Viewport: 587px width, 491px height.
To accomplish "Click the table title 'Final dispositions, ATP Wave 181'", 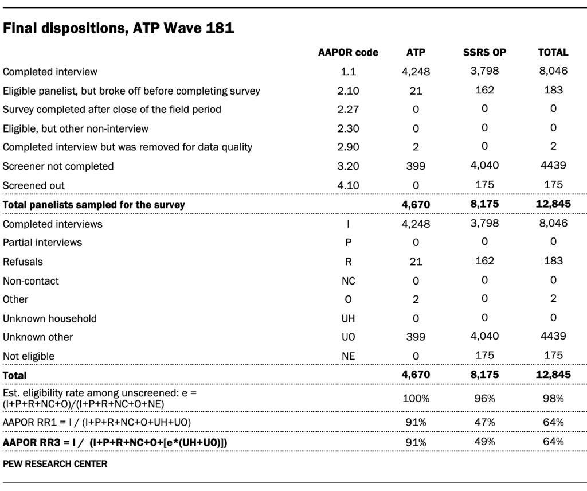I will (119, 28).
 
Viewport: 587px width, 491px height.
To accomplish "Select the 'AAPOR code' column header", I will (348, 53).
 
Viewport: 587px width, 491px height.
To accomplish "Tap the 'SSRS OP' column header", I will (484, 53).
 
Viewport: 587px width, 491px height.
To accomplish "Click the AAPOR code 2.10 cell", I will (348, 91).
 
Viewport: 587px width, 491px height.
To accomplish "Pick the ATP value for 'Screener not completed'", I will (416, 166).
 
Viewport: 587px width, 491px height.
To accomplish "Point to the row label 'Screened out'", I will (34, 185).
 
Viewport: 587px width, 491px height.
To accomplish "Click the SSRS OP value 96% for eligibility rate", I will (484, 398).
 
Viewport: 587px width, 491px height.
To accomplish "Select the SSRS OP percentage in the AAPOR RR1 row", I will (484, 422).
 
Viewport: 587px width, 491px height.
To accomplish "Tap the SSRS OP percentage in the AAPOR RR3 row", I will (484, 442).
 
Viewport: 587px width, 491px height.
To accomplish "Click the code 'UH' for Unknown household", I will (348, 318).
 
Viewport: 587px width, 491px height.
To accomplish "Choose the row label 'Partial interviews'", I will (42, 243).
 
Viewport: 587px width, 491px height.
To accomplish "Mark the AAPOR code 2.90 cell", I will (348, 147).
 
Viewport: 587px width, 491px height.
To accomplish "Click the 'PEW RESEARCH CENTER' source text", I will (55, 463).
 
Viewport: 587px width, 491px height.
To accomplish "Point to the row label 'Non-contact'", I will (31, 281).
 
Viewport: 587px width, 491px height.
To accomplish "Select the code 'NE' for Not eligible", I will (348, 356).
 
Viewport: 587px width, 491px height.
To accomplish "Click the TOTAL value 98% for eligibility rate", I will (553, 398).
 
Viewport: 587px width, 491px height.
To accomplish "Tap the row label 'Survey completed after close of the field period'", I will (112, 109).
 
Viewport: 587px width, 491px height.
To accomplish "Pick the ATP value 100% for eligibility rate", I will (416, 398).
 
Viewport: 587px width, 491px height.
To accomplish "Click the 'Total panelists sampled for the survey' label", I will (94, 205).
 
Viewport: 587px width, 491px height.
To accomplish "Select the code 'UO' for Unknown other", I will (348, 337).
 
